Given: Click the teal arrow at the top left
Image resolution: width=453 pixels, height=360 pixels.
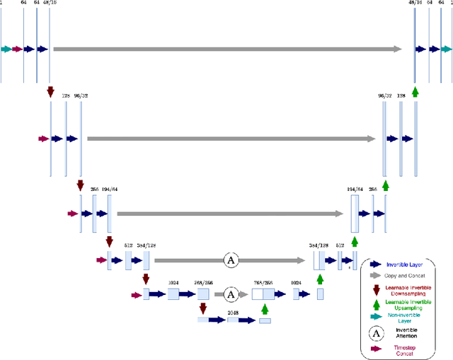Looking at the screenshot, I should tap(6, 49).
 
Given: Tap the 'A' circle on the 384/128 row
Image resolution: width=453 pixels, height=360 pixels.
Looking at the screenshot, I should tap(230, 261).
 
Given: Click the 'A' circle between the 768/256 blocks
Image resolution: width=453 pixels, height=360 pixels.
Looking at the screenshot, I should tap(230, 292).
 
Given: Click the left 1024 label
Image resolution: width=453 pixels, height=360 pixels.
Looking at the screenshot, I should tap(173, 282).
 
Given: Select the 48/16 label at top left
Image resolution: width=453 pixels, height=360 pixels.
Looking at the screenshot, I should tap(50, 4).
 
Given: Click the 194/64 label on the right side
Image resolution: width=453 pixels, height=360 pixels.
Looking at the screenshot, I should tap(355, 190).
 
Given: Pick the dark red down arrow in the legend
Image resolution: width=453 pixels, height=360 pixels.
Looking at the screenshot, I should tap(375, 287).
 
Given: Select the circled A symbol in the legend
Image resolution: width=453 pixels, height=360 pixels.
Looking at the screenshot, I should tap(375, 332).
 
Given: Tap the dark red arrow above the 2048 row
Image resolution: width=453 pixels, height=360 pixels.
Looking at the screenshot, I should tap(204, 308).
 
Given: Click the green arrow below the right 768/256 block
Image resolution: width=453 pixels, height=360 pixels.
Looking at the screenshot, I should tap(265, 308).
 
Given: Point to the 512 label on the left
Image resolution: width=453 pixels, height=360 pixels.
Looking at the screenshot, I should tap(128, 245).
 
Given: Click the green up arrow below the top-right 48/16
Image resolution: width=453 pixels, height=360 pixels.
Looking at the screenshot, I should tap(416, 91).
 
